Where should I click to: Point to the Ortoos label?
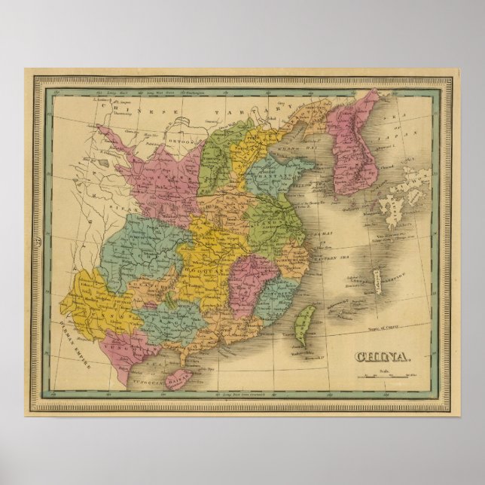click(x=176, y=141)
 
